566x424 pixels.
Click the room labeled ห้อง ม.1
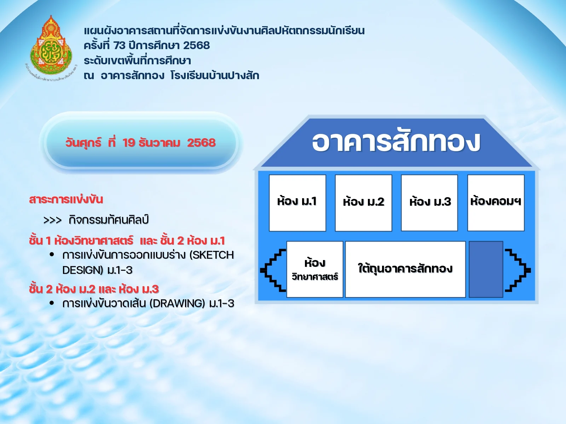[297, 203]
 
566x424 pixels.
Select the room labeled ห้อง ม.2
[363, 203]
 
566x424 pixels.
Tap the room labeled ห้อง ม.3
[429, 203]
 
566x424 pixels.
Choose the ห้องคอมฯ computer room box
[496, 203]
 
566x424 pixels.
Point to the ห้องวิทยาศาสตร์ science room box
[314, 269]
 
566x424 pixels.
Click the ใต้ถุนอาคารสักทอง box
[405, 269]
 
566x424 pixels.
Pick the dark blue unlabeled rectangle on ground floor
[486, 269]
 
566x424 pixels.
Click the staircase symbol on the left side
[273, 270]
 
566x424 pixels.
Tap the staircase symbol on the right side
[518, 270]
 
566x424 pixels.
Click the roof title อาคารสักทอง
[396, 142]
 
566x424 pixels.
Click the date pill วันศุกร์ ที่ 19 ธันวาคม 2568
[140, 143]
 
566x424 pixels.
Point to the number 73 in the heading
[120, 46]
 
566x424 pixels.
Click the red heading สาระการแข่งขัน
[66, 199]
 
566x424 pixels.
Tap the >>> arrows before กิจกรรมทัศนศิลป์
[52, 220]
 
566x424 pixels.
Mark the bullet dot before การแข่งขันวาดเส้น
[52, 303]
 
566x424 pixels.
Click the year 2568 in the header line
[196, 46]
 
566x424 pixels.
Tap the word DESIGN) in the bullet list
[82, 270]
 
